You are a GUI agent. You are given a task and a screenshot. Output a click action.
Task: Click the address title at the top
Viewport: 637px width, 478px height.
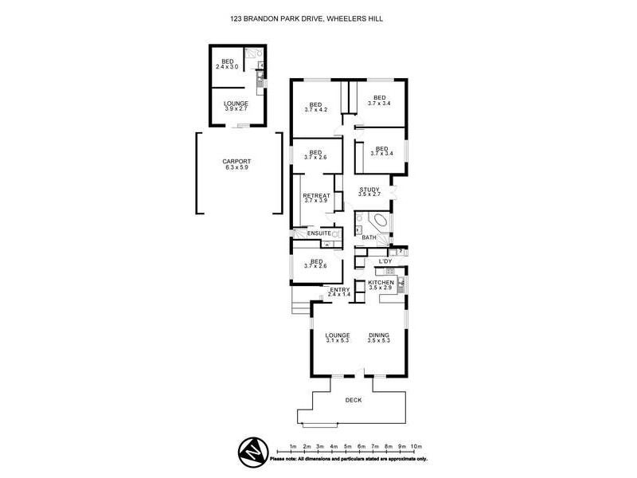[318, 17]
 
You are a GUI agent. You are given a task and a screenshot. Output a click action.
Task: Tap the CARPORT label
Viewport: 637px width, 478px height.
[236, 162]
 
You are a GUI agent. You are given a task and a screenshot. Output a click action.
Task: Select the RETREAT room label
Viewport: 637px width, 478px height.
[316, 194]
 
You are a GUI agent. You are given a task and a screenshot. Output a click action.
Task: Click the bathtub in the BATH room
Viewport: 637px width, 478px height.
[378, 223]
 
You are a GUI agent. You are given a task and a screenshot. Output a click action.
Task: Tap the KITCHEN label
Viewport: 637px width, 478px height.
[381, 283]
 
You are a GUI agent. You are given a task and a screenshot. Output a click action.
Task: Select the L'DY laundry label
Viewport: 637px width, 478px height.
[385, 261]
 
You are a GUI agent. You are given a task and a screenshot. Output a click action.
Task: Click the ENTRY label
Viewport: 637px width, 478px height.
[340, 289]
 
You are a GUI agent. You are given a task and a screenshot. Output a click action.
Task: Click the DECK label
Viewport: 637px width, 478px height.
[353, 400]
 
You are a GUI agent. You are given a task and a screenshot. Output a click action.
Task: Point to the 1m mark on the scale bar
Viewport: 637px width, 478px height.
[293, 446]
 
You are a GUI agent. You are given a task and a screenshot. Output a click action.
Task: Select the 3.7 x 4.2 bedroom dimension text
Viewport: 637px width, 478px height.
[315, 110]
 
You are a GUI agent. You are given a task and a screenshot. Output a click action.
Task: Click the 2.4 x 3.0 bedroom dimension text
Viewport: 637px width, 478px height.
[228, 66]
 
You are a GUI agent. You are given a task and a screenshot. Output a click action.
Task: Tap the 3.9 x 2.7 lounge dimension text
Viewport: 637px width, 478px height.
[236, 108]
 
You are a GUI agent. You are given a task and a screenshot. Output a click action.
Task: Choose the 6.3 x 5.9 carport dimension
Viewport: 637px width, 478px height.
[236, 168]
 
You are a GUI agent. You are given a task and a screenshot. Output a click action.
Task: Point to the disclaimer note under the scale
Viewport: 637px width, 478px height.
[349, 459]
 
